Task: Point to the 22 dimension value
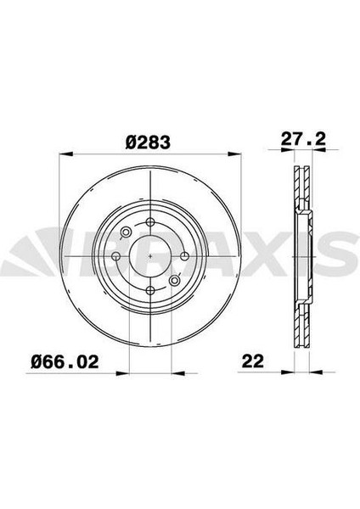253,361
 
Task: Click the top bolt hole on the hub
149,222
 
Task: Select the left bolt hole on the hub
116,255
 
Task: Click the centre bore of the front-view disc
149,255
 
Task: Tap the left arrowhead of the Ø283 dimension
70,154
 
